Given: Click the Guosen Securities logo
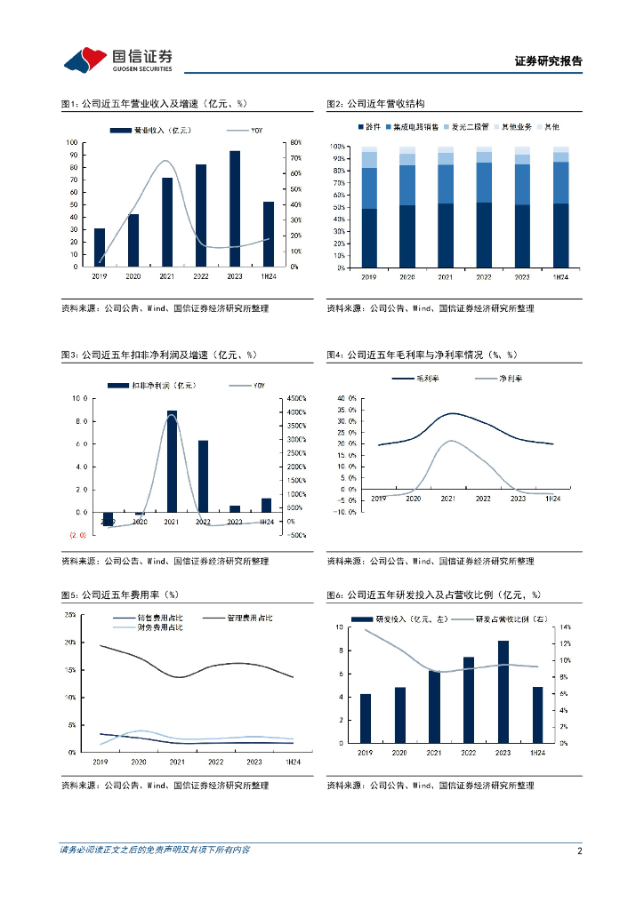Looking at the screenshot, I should pos(117,60).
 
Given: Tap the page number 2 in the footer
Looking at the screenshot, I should pos(579,850).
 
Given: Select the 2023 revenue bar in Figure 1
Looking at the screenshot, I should pos(234,209).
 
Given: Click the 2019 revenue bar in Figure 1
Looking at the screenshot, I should pos(99,247).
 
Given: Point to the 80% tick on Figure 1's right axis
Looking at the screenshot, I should pos(296,143).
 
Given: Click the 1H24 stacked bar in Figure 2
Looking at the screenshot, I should pos(560,206).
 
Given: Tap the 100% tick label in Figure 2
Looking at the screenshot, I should pos(338,146).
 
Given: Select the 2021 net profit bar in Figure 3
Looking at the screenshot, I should pos(172,461).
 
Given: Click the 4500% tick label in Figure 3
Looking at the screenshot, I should pos(296,398).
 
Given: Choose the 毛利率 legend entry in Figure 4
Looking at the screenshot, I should pos(420,379).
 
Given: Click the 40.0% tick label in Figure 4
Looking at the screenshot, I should pos(346,398).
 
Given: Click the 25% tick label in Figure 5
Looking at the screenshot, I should pos(69,615).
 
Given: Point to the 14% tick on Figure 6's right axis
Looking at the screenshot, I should pos(564,627).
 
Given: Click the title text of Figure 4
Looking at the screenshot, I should pos(422,355).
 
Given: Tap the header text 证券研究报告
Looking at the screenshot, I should pos(548,61).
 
